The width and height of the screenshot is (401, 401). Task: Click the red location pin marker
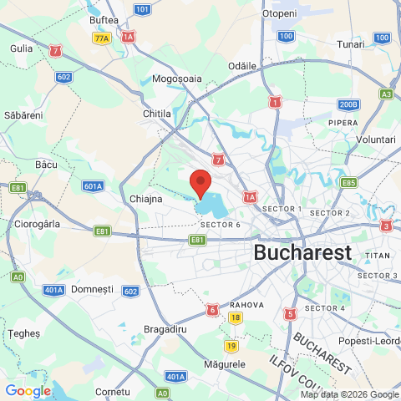click(x=200, y=182)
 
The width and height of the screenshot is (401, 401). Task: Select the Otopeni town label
click(x=279, y=14)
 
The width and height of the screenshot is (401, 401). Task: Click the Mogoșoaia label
click(x=178, y=79)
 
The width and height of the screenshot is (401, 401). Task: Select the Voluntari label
click(x=375, y=140)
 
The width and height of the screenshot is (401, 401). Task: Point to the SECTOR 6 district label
click(x=221, y=225)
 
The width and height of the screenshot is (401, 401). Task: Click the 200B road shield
click(x=348, y=104)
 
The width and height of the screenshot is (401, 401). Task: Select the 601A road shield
click(x=94, y=186)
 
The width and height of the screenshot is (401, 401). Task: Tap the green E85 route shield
click(x=348, y=183)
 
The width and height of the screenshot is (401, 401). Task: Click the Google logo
click(x=28, y=390)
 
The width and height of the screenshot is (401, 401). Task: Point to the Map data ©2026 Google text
click(x=349, y=394)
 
